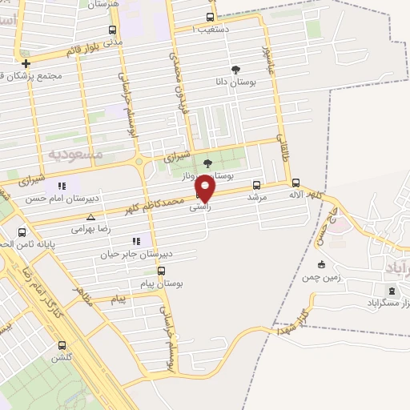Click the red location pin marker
click(206, 189)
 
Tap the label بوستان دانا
click(236, 82)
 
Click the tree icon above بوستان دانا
click(235, 70)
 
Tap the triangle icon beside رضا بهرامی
click(90, 217)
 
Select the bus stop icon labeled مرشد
click(256, 183)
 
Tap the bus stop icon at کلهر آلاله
click(296, 182)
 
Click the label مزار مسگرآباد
click(388, 306)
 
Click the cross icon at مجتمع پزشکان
click(26, 63)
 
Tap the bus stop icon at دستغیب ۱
click(211, 17)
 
